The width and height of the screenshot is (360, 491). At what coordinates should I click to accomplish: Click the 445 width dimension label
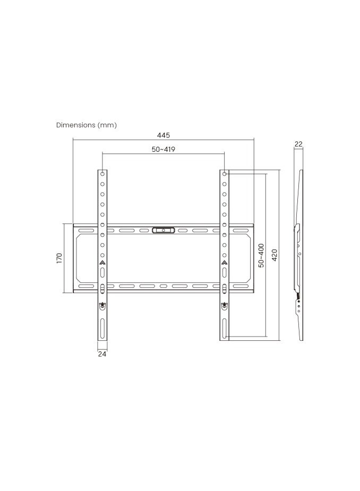point(164,135)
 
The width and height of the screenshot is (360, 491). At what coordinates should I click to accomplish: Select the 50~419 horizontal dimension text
point(164,150)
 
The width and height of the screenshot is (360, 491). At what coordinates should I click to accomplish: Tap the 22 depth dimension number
point(298,144)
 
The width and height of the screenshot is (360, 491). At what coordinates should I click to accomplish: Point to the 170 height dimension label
point(59,259)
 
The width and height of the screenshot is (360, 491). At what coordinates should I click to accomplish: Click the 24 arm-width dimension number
point(102,354)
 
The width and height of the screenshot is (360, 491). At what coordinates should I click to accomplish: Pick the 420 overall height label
point(275,255)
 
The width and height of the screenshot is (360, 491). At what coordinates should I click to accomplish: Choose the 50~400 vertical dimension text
point(261,255)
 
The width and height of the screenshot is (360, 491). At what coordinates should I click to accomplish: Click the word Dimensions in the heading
point(76,125)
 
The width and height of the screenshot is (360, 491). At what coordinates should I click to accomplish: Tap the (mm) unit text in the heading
point(107,125)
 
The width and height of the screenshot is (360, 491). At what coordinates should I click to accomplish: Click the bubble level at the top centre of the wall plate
point(163,230)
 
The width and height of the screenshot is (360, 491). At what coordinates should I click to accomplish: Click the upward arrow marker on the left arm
point(102,262)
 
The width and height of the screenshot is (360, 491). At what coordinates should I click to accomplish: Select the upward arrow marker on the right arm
point(225,262)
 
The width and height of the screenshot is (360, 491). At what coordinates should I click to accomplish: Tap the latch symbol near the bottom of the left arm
point(102,305)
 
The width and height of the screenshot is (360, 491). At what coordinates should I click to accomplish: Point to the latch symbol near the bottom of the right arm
point(225,305)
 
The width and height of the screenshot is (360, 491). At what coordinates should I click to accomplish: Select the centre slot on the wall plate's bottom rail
point(163,286)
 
